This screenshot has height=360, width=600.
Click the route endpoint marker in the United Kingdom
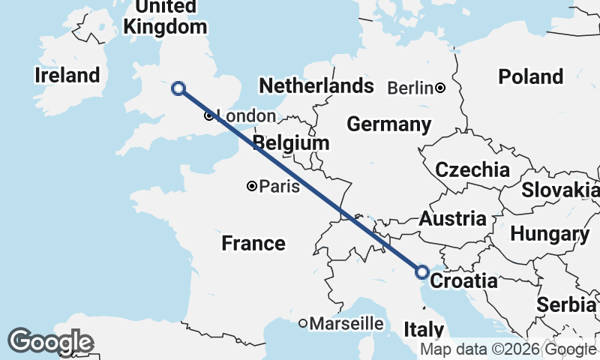[x=178, y=88]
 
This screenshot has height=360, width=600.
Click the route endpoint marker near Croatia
[x=422, y=271]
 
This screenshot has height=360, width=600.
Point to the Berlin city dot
[x=440, y=88]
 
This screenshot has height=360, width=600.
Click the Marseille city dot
[x=303, y=324]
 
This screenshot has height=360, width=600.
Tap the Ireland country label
[x=67, y=75]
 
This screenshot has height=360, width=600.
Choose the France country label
[x=253, y=243]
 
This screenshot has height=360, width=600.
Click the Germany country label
[x=388, y=124]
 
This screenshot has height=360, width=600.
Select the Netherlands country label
[x=316, y=85]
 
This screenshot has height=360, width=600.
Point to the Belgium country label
[x=291, y=142]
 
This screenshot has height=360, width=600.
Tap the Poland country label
[x=531, y=76]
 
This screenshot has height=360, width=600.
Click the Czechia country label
[x=472, y=169]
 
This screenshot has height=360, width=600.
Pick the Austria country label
[x=452, y=219]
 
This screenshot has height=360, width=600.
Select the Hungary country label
[x=549, y=234]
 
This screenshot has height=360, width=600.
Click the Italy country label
[x=424, y=329]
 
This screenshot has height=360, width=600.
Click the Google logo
[x=49, y=342]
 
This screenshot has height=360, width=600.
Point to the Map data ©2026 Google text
[x=508, y=349]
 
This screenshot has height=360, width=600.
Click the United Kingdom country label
[x=165, y=16]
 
